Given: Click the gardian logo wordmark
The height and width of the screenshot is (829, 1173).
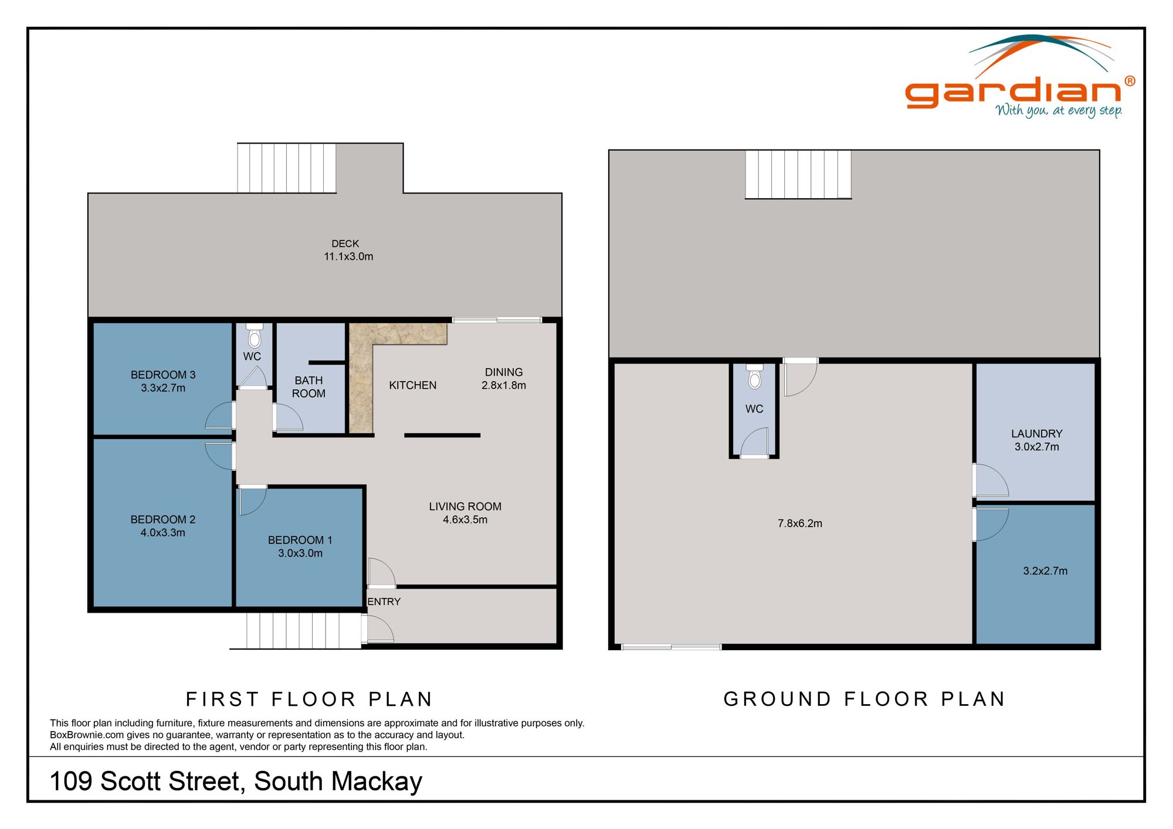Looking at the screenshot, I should [x=1013, y=93].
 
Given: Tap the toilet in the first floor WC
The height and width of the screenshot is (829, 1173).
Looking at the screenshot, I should [x=255, y=337].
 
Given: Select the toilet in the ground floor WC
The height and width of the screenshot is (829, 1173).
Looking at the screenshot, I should [x=755, y=378].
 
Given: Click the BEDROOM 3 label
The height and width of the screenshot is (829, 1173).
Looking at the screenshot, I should [x=163, y=375].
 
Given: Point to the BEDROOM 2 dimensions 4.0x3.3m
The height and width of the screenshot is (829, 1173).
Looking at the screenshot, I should [x=163, y=532].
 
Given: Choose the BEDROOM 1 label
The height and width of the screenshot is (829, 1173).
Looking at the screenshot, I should [x=300, y=540].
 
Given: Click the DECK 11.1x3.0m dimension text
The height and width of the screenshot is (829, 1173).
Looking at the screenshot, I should [x=348, y=256].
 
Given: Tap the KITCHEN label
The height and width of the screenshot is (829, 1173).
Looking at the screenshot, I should [x=412, y=385].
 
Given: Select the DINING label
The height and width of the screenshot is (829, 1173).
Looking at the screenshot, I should [x=504, y=372].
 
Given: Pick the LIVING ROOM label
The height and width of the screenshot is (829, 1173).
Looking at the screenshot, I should [x=465, y=507].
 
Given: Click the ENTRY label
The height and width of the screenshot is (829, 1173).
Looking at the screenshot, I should [x=384, y=602].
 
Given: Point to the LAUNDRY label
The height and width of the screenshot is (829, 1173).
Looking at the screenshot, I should [x=1036, y=434].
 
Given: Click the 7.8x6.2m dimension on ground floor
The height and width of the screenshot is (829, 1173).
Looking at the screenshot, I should [x=800, y=524].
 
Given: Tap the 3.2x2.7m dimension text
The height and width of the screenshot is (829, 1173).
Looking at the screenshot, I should [x=1045, y=571].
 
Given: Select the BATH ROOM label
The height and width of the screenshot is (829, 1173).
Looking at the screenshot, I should [x=308, y=387].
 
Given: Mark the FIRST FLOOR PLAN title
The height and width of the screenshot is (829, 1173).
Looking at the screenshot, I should [x=309, y=699].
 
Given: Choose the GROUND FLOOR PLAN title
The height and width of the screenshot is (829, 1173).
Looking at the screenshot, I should [x=865, y=699].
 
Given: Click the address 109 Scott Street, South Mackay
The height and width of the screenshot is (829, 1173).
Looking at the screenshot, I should [x=236, y=782].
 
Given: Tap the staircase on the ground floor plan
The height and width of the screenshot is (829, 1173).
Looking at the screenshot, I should [x=798, y=174].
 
